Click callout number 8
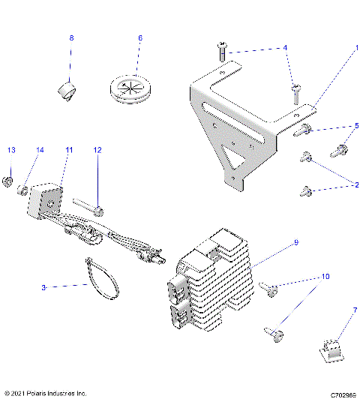click(71, 37)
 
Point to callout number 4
click(284, 47)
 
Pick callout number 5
click(356, 125)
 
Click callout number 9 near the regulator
click(296, 242)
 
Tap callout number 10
click(325, 276)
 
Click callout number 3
click(43, 286)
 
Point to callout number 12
click(97, 150)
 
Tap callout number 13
click(10, 150)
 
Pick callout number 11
click(69, 150)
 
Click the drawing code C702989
click(337, 393)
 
